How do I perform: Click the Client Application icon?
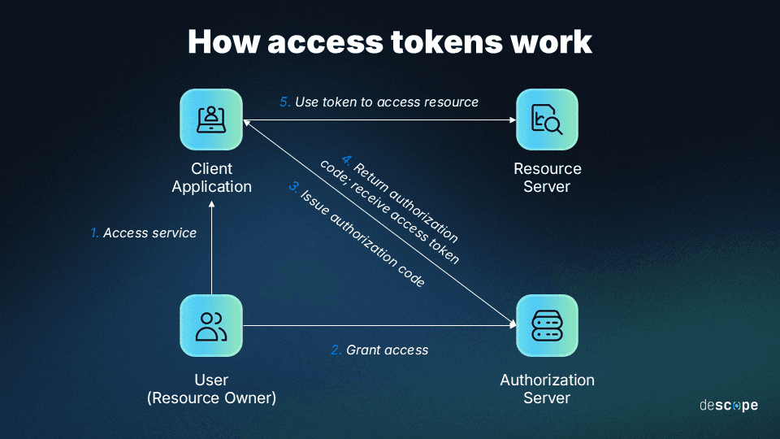pos(211,120)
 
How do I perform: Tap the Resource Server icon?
pos(547,120)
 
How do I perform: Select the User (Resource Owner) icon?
pos(211,325)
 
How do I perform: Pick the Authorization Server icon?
pos(547,325)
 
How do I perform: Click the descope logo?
pos(728,405)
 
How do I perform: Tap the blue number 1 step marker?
pos(94,233)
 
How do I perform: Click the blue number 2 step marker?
pos(336,350)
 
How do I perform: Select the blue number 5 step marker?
pos(284,102)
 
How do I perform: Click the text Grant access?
pos(387,350)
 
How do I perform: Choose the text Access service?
pos(149,233)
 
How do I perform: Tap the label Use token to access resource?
pos(387,102)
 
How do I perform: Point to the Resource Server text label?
pos(547,178)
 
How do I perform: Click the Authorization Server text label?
pos(547,389)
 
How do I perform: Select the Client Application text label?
pos(211,178)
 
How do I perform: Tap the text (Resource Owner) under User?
pos(211,398)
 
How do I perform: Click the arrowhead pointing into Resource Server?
pos(512,120)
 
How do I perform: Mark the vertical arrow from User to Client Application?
pos(211,252)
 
